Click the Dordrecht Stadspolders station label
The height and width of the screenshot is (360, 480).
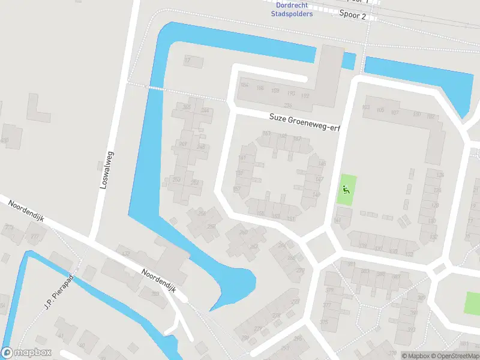(x=292, y=10)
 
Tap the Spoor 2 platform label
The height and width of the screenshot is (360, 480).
(x=352, y=16)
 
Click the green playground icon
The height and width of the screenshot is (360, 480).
(x=345, y=190)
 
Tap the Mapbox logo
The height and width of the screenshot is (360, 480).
(x=26, y=353)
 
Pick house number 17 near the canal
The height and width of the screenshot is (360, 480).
(x=187, y=61)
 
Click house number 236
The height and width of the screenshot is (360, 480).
(x=288, y=106)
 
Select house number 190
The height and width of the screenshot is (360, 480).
(x=291, y=94)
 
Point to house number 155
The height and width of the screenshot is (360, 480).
(x=260, y=214)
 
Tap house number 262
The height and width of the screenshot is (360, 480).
(x=254, y=247)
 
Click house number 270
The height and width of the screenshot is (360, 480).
(x=300, y=271)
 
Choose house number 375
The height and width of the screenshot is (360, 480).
(x=324, y=322)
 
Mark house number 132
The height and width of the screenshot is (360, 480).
(x=433, y=238)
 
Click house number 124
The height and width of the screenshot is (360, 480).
(x=440, y=175)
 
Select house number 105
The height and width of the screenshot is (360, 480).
(x=380, y=110)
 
